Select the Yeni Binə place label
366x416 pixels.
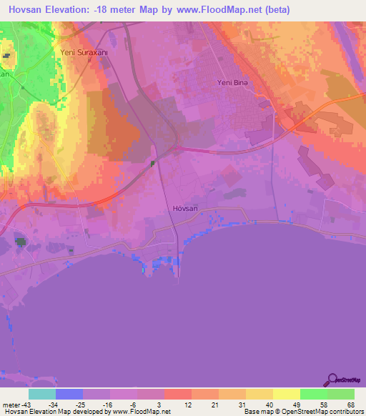[x=232, y=83]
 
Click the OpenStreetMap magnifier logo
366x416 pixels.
[x=332, y=381]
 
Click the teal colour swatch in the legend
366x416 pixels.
[x=42, y=394]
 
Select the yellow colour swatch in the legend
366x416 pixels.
[x=287, y=394]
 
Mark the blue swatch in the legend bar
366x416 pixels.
[x=69, y=394]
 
